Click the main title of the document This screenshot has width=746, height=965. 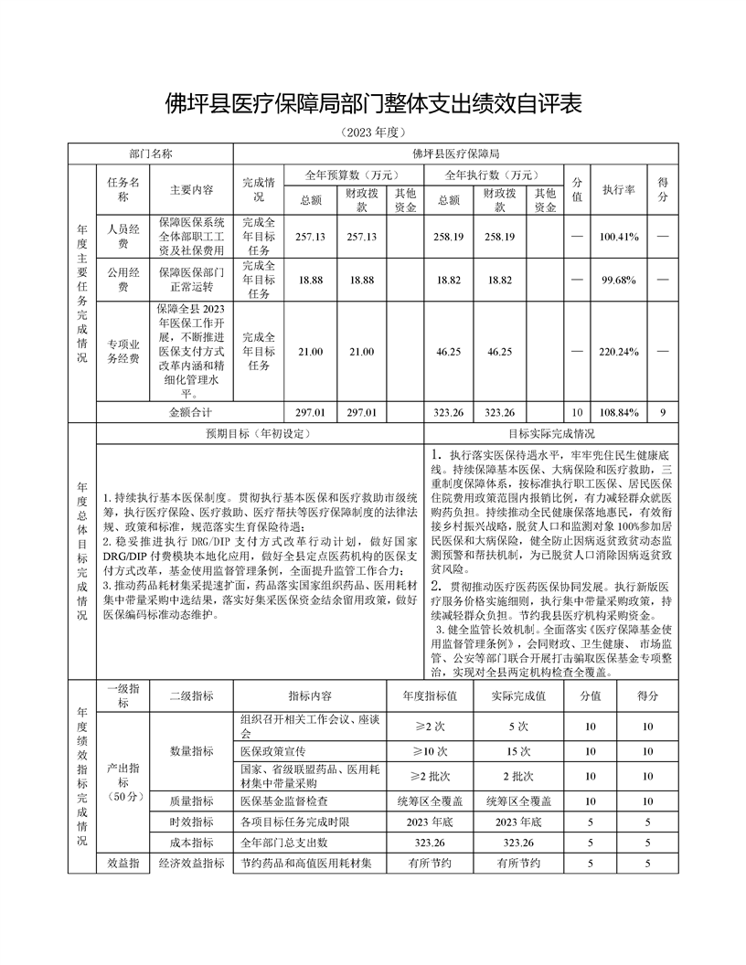373,102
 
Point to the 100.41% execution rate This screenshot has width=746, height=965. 618,237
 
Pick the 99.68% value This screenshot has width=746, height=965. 618,280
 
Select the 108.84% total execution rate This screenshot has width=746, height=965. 618,413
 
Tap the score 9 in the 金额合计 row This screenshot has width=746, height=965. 663,413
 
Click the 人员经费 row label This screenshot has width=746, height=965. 123,237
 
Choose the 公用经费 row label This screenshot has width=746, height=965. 123,280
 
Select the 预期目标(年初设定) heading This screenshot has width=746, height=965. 260,434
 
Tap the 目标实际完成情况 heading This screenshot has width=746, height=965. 551,434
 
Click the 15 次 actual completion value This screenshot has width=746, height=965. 517,751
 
